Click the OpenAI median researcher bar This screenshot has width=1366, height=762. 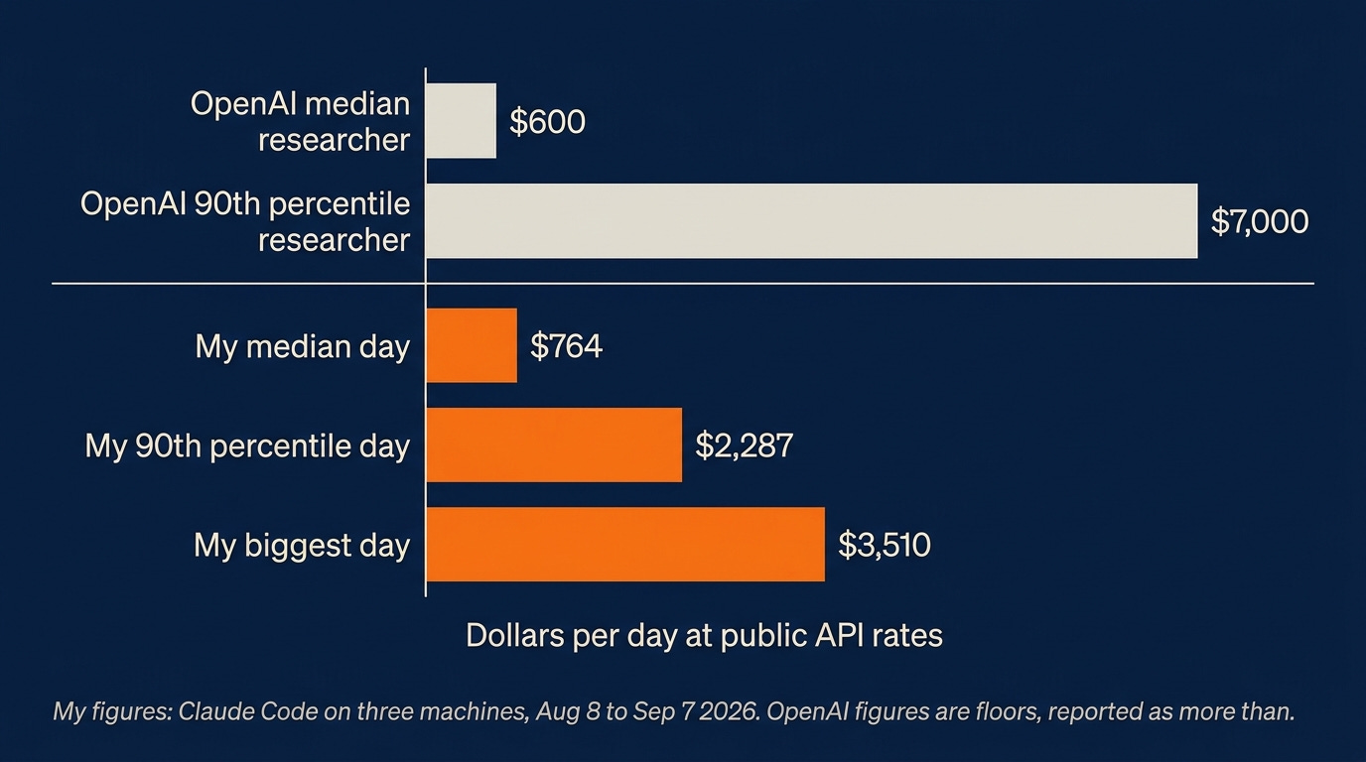point(461,121)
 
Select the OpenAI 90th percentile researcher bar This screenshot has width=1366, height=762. point(812,220)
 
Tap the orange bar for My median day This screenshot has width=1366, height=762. point(472,345)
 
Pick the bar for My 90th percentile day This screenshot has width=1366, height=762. point(554,445)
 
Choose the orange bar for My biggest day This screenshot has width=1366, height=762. point(625,545)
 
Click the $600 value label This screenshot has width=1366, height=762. point(547,121)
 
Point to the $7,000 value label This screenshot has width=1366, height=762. point(1259,221)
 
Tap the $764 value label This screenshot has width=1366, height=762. point(566,346)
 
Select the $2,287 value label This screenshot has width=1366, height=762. point(744,445)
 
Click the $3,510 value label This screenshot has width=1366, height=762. point(885,545)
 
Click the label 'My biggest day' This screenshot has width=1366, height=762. point(302,546)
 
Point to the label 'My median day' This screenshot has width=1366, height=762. point(303,347)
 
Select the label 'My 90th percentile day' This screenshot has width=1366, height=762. point(247,446)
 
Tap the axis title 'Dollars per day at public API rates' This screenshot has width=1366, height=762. point(705,636)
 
